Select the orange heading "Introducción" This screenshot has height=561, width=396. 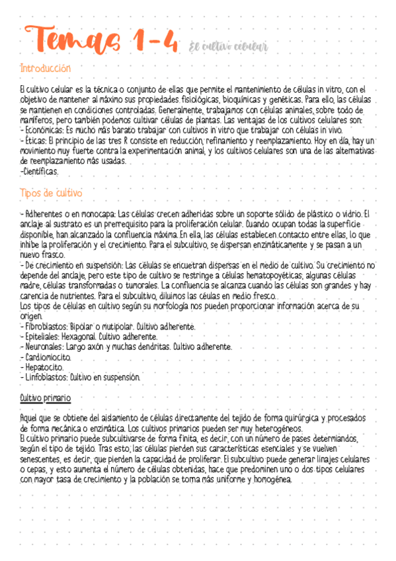coord(46,69)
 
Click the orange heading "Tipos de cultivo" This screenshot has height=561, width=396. coord(51,193)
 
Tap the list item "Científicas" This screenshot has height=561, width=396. coord(40,172)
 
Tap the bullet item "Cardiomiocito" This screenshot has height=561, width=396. coord(47,357)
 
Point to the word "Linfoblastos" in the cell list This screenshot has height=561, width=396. coord(46,377)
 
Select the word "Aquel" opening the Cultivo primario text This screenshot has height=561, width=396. coord(31,419)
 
